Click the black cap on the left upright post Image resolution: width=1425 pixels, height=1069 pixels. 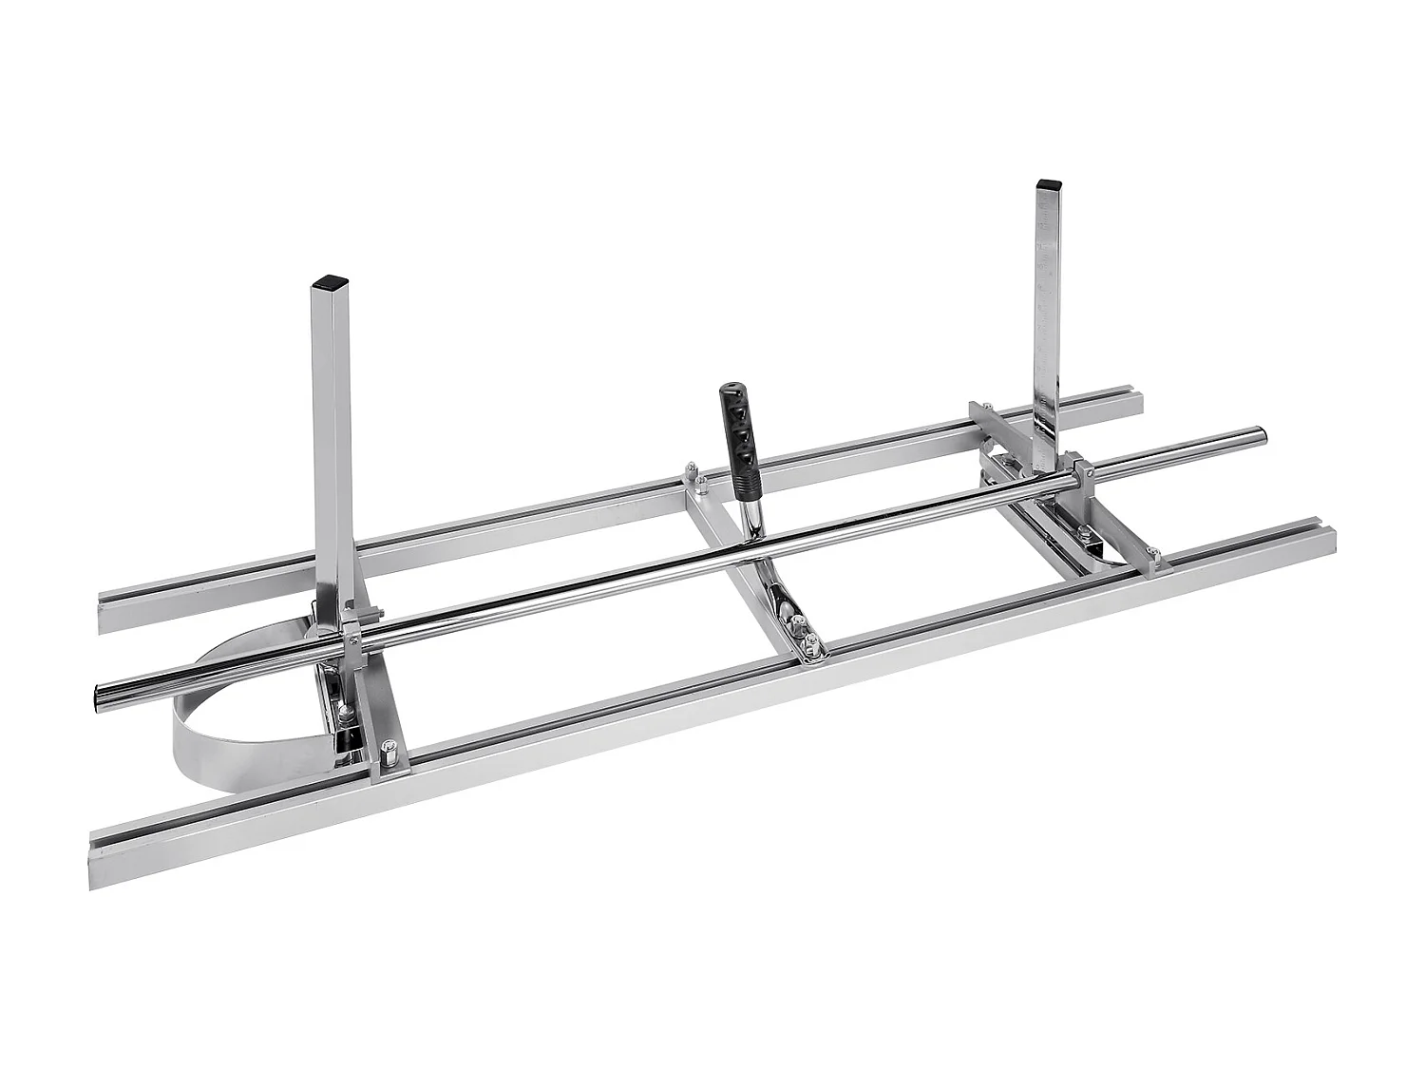(x=330, y=281)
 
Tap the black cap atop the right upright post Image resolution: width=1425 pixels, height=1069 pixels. (x=1049, y=183)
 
